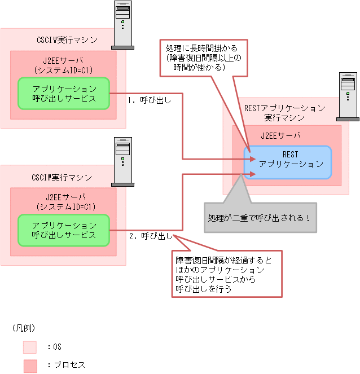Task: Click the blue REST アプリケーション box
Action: tap(287, 162)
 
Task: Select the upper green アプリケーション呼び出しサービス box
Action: tap(63, 94)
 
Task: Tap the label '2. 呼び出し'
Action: tap(151, 236)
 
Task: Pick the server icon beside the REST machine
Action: tap(347, 96)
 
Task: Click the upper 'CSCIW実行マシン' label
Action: tap(63, 41)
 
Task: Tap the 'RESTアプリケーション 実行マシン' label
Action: tap(284, 113)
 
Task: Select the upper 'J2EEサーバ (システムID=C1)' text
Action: tap(63, 65)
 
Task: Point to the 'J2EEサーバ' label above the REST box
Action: tap(280, 136)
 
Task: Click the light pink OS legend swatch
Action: tap(30, 347)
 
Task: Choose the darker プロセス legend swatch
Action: tap(30, 366)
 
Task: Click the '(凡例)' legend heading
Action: tap(24, 328)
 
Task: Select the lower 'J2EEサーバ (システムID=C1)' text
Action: tap(63, 202)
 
